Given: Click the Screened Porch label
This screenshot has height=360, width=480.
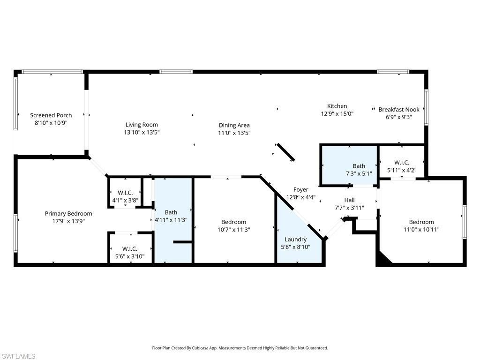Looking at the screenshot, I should (51, 115).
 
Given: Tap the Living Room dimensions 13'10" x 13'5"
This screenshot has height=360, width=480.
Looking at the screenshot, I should (142, 133).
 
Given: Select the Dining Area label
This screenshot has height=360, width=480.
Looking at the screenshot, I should (234, 125).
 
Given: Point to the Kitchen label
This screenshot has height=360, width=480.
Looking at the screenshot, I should (337, 106).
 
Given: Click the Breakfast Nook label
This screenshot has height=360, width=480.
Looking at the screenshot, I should (399, 110).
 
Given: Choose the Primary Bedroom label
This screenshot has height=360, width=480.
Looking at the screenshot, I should (68, 214).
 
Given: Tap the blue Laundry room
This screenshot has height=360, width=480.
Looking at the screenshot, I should (295, 244).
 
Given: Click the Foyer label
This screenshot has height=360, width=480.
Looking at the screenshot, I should (301, 190).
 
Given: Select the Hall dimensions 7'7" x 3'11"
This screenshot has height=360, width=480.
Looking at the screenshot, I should (349, 208).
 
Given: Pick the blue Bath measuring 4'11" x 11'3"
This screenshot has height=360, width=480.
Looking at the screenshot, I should (173, 220).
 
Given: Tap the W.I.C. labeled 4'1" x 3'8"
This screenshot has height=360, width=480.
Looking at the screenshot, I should (125, 196).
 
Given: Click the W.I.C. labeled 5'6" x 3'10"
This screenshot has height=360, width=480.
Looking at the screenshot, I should (129, 252).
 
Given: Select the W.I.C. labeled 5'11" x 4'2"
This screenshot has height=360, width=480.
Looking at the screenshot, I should (402, 166).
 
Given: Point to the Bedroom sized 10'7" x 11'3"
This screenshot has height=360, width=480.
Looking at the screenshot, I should (233, 225).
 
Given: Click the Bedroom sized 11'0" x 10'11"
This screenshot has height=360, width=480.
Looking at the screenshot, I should (421, 225).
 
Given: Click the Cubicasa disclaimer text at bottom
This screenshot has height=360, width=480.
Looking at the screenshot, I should (240, 348).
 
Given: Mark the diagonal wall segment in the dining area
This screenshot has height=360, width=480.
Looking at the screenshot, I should (285, 152).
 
